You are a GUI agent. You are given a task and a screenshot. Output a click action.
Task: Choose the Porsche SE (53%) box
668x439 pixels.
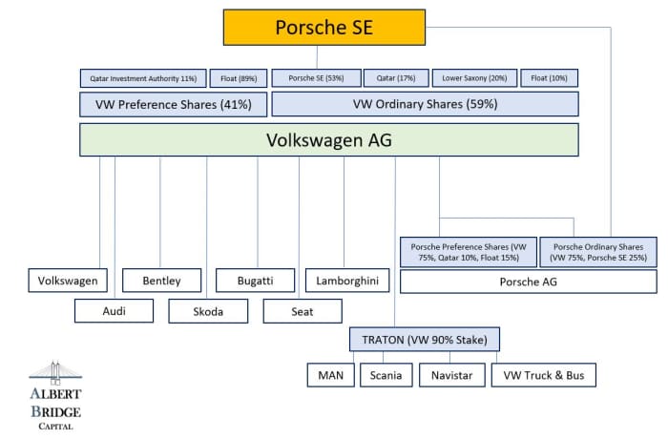(x=310, y=78)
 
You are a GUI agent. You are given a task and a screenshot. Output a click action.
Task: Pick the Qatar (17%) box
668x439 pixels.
(x=389, y=78)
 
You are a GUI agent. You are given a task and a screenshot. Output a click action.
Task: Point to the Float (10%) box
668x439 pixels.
(x=551, y=78)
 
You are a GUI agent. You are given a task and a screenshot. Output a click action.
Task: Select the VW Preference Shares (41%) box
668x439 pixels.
(x=173, y=104)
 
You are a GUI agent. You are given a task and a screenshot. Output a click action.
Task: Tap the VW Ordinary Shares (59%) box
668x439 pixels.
(x=425, y=104)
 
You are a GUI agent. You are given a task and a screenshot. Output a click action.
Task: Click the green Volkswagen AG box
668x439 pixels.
(x=328, y=140)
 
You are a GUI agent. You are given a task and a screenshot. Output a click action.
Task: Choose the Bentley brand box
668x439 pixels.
(x=162, y=281)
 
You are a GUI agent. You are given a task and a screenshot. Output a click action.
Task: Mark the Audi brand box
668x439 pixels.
(x=114, y=311)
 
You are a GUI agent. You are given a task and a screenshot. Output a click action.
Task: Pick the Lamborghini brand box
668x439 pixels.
(x=347, y=281)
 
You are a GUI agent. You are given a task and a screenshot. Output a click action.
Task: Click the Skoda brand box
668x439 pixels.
(x=208, y=311)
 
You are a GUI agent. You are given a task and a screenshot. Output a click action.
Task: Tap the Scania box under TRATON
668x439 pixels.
(x=386, y=375)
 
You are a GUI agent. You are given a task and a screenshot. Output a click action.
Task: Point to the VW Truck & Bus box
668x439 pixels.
(x=544, y=375)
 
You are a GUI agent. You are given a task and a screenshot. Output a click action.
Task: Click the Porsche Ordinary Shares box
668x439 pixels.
(x=597, y=252)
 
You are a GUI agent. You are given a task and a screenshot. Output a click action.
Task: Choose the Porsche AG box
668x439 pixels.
(x=528, y=282)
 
